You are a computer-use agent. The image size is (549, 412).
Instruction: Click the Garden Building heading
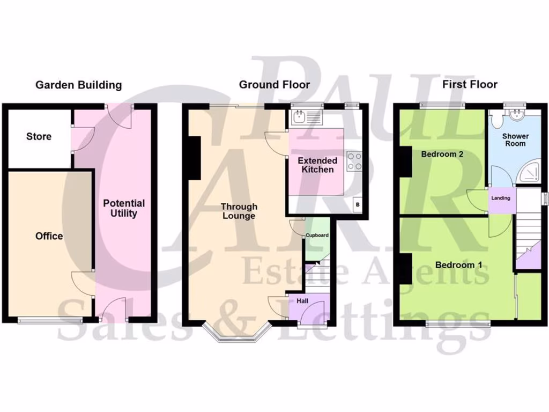[x=78, y=85]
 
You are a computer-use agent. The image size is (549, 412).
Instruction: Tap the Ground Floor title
[x=274, y=84]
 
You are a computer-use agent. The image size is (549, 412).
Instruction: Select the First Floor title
[x=470, y=84]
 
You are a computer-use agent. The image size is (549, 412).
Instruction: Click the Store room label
[x=39, y=136]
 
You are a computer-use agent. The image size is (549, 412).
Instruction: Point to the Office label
[x=49, y=236]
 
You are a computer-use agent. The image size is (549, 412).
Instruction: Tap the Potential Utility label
[x=124, y=208]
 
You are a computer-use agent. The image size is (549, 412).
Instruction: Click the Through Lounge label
[x=239, y=211]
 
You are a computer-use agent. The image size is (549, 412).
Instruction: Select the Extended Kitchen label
[x=317, y=165]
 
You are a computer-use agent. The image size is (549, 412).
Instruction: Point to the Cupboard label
[x=317, y=236]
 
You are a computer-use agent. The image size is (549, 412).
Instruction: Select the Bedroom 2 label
[x=442, y=154]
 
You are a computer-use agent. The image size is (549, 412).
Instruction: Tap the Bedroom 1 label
[x=455, y=265]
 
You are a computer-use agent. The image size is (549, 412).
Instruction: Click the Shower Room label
[x=515, y=139]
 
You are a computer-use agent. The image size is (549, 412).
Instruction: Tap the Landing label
[x=501, y=198]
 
